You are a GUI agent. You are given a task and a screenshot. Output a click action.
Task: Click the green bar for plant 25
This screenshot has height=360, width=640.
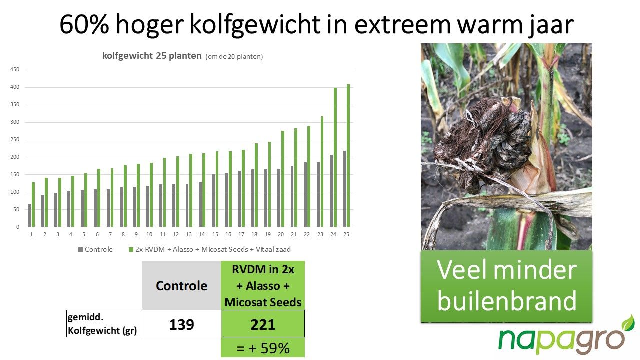click(x=348, y=155)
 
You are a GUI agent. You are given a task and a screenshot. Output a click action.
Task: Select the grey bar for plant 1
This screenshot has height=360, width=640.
click(x=30, y=215)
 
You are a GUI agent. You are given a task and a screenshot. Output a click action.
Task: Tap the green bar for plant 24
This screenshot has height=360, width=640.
click(x=335, y=157)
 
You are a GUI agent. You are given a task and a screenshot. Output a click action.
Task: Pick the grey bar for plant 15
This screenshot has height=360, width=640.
click(x=213, y=201)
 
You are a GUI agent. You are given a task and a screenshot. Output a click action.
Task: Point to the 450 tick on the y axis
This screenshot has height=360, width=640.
click(x=15, y=69)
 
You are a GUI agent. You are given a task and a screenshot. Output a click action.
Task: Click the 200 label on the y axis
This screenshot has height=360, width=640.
click(x=15, y=157)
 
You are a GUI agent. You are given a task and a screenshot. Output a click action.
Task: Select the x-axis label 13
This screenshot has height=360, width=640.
click(x=189, y=234)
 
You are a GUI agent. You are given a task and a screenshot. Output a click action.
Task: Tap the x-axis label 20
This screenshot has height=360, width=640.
click(x=281, y=234)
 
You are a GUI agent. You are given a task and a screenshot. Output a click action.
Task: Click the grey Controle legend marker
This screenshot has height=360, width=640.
click(x=80, y=249)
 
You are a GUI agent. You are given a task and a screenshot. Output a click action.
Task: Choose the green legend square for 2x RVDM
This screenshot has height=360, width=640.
click(x=131, y=249)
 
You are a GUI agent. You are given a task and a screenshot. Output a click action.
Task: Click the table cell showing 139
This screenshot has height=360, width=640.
click(x=181, y=324)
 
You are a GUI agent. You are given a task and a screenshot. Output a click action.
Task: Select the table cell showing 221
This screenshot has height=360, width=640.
click(x=263, y=324)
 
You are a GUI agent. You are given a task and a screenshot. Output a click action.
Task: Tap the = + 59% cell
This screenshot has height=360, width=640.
click(x=263, y=348)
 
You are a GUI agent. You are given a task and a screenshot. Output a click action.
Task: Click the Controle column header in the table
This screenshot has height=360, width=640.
click(x=181, y=285)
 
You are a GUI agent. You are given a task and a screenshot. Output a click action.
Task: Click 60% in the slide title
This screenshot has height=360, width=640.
click(x=84, y=24)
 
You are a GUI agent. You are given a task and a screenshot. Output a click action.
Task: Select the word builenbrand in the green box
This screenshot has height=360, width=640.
click(x=507, y=301)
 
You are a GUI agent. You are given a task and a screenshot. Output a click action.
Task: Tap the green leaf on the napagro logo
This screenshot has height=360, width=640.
click(x=628, y=323)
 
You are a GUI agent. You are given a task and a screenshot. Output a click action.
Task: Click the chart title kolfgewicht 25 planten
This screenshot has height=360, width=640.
click(x=152, y=56)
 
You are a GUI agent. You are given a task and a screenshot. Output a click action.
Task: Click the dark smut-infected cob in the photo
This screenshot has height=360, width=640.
click(x=483, y=143)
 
